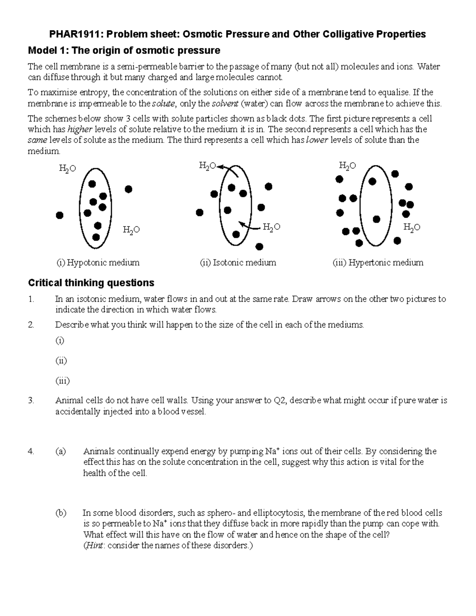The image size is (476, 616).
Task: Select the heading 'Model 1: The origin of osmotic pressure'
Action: [123, 50]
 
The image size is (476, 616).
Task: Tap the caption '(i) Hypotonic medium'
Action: [98, 263]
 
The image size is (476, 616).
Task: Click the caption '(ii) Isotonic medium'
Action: [238, 263]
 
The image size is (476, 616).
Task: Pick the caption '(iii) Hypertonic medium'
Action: [378, 263]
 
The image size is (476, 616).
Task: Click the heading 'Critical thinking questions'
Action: [91, 283]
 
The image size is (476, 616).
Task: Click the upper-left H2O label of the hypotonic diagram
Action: [67, 169]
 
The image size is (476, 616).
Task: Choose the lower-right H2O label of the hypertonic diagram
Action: [411, 228]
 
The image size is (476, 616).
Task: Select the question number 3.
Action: [32, 401]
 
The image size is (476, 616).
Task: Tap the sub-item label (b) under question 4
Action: [61, 513]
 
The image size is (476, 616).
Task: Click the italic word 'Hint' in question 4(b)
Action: [94, 545]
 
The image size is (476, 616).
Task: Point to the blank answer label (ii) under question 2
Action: [61, 361]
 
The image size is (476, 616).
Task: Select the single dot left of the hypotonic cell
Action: [59, 215]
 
